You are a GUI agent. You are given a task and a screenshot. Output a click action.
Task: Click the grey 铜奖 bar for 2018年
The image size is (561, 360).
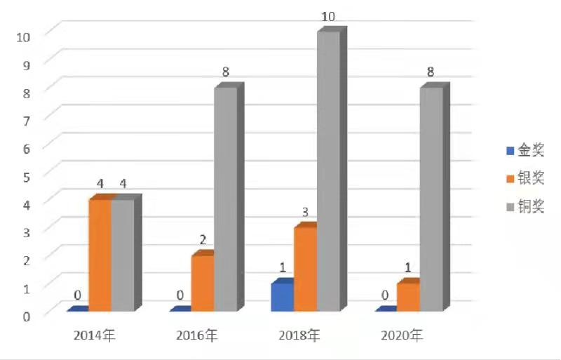(x=328, y=172)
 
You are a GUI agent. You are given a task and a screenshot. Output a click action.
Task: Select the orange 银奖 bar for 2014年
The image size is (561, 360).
(x=100, y=255)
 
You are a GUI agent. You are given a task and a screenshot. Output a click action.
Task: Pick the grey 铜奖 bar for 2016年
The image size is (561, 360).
(x=225, y=199)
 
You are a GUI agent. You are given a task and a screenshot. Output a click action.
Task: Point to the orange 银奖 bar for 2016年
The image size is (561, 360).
(x=202, y=283)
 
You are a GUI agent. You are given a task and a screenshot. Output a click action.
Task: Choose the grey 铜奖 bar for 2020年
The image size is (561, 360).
(x=431, y=199)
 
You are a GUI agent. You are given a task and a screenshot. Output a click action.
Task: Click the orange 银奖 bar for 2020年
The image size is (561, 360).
(x=408, y=296)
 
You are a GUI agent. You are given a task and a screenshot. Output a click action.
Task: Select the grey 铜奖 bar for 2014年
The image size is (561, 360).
(x=122, y=255)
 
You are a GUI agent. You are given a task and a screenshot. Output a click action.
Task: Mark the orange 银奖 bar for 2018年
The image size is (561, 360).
(x=305, y=269)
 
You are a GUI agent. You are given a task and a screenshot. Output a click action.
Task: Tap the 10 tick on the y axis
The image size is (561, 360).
(x=22, y=34)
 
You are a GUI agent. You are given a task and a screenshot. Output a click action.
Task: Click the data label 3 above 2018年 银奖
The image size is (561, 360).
(x=306, y=211)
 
